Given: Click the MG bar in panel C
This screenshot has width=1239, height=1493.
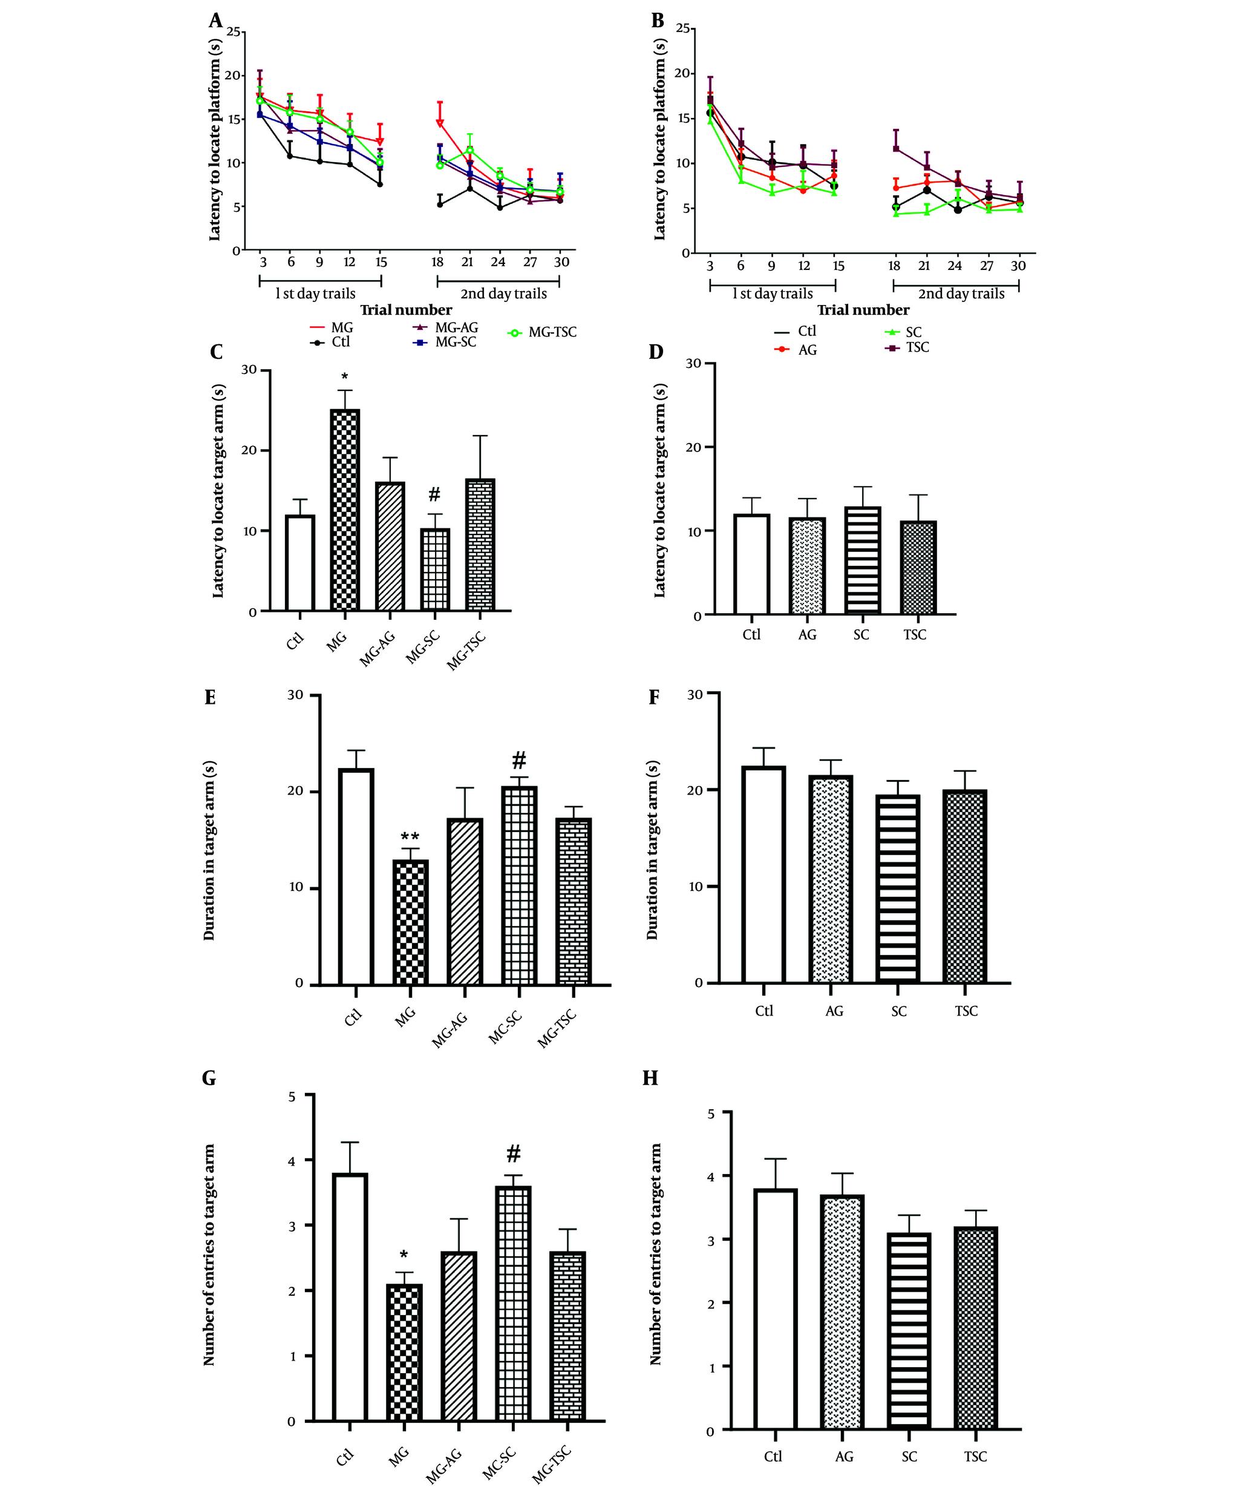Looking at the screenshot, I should coord(345,510).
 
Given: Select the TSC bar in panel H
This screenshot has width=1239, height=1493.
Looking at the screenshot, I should coord(975,1328).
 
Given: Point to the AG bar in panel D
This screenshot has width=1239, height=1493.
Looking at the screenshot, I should coord(807,566).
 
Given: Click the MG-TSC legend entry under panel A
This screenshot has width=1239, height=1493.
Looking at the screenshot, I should coord(543,332).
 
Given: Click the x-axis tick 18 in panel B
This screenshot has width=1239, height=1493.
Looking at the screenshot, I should coord(894,265).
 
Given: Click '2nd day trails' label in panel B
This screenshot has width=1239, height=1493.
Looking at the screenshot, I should coord(961,294).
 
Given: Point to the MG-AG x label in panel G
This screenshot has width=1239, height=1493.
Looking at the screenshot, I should coord(445,1465).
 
